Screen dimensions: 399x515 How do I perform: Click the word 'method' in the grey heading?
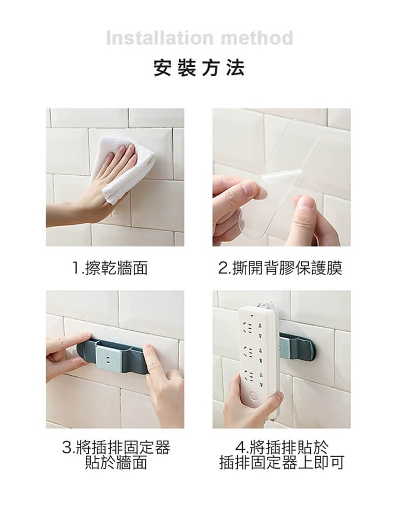257,38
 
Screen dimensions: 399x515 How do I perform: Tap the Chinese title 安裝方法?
199,68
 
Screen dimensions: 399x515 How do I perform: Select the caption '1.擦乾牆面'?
110,268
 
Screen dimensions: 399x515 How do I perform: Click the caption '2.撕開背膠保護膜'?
280,268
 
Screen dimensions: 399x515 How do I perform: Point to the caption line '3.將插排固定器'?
116,447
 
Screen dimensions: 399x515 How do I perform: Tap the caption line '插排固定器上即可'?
281,462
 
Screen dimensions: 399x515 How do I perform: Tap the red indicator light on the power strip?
252,316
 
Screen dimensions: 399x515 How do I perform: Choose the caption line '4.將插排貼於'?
281,447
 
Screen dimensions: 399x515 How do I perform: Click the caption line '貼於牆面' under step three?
116,462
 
